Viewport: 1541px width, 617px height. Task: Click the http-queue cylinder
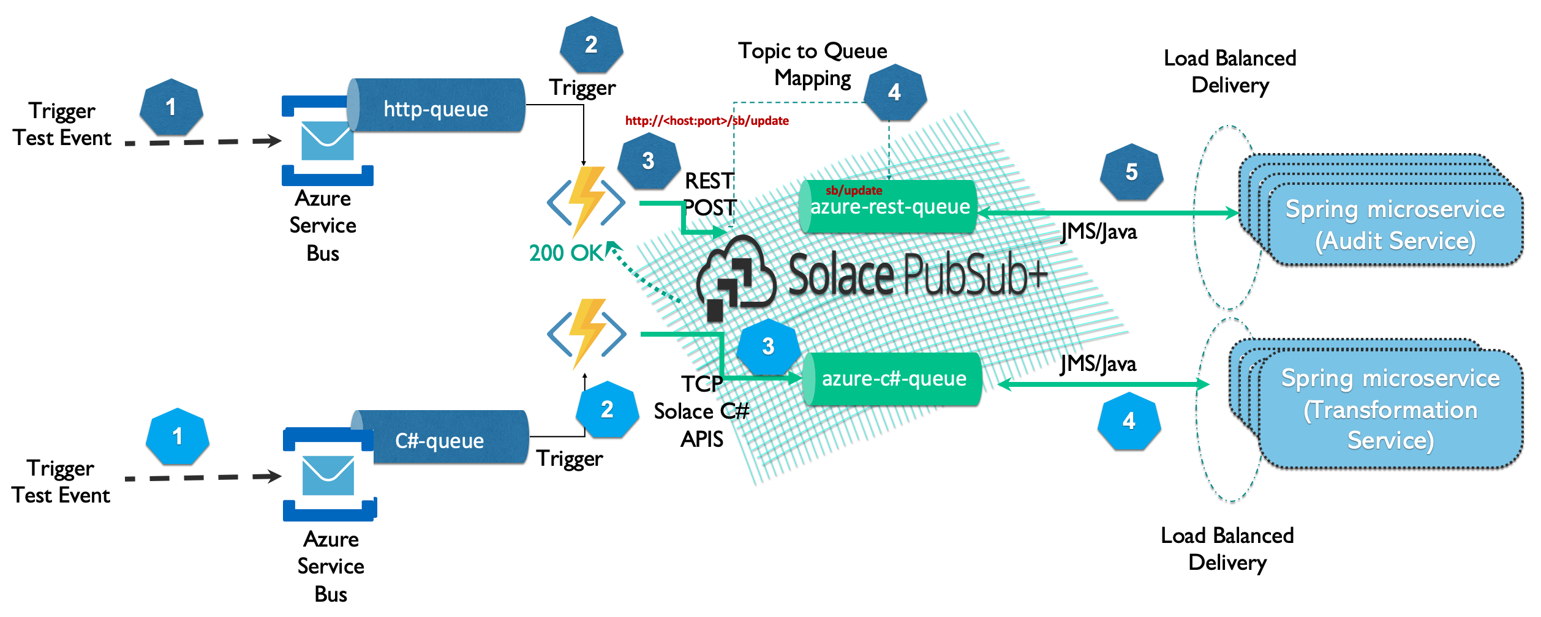436,106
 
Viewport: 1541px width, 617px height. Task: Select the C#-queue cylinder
440,438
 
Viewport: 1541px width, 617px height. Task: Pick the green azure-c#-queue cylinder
893,379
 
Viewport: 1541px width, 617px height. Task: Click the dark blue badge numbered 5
1131,172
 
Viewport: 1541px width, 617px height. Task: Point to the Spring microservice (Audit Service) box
1394,224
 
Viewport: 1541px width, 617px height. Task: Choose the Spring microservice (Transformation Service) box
1390,409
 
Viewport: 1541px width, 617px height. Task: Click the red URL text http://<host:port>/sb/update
706,121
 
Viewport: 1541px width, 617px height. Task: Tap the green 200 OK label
566,253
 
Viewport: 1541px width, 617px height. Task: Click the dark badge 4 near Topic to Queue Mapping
894,92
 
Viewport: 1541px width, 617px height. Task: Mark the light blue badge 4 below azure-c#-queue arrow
1129,421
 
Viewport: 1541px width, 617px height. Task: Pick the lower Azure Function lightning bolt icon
587,333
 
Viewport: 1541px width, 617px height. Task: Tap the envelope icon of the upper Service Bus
327,141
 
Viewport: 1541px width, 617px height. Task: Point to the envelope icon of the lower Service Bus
328,476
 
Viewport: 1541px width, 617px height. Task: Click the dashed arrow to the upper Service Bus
202,142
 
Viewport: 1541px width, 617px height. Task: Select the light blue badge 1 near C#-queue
177,436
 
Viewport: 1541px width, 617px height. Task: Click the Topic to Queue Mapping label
812,64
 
